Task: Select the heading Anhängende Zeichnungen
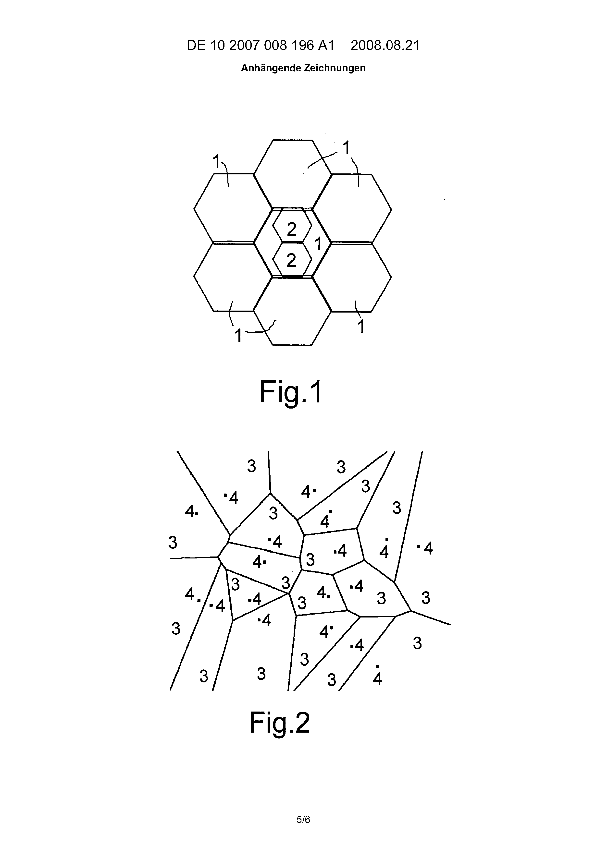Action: (303, 68)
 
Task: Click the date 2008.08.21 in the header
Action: (385, 45)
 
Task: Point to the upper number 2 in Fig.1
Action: (292, 229)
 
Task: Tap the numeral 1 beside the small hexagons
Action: (318, 244)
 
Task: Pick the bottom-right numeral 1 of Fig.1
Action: (361, 327)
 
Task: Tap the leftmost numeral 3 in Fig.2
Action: (173, 542)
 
